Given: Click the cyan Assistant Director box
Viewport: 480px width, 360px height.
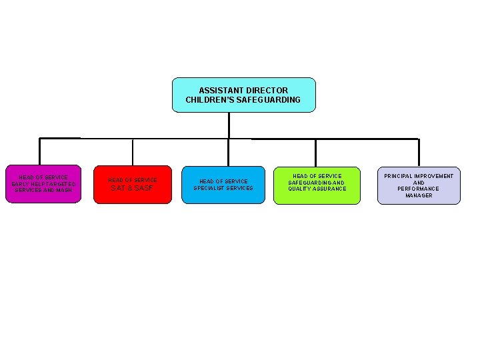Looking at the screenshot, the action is pyautogui.click(x=243, y=95).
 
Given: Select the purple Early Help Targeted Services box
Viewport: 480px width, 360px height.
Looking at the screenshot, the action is pyautogui.click(x=43, y=184).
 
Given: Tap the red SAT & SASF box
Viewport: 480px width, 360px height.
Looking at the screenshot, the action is pyautogui.click(x=133, y=185).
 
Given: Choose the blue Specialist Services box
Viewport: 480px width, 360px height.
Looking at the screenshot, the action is pyautogui.click(x=223, y=185).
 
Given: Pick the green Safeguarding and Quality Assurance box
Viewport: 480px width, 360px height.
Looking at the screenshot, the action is pyautogui.click(x=317, y=185).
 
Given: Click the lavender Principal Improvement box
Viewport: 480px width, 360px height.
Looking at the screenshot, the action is pyautogui.click(x=419, y=185).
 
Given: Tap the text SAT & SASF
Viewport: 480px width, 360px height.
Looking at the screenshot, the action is pyautogui.click(x=132, y=189).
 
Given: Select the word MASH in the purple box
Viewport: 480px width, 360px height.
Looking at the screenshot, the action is pyautogui.click(x=64, y=191).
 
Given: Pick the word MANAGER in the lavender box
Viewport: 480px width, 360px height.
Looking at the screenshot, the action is pyautogui.click(x=419, y=196).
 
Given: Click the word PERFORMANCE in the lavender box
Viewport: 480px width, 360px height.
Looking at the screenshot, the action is pyautogui.click(x=419, y=189).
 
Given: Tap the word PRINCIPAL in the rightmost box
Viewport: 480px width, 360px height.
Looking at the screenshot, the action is pyautogui.click(x=401, y=176).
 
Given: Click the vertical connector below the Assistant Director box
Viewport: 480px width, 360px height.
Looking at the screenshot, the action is pyautogui.click(x=229, y=125).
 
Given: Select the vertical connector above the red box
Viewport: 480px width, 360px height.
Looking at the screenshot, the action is pyautogui.click(x=133, y=152).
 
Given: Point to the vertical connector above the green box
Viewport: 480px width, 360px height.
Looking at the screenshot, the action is pyautogui.click(x=316, y=153).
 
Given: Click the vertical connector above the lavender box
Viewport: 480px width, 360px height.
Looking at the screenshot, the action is pyautogui.click(x=418, y=153).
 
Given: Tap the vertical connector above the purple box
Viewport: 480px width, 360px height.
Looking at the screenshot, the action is pyautogui.click(x=40, y=151).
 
